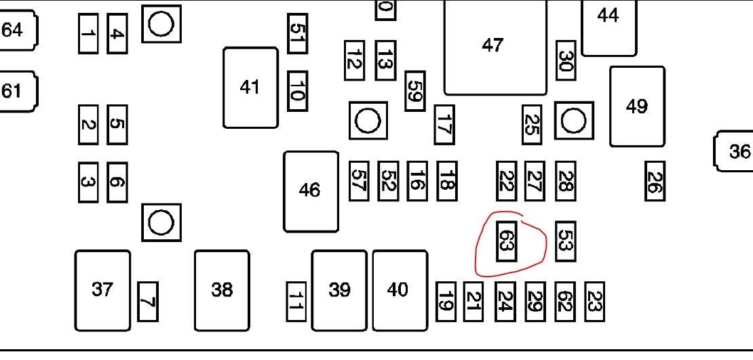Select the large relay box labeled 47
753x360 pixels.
click(495, 46)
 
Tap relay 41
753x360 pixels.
click(250, 87)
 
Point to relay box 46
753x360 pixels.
click(311, 191)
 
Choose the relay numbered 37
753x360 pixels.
click(102, 290)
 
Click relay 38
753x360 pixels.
click(222, 290)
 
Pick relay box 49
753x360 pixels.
click(636, 106)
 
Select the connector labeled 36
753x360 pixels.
click(735, 151)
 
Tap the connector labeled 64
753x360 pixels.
click(16, 30)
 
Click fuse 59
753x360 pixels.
click(415, 91)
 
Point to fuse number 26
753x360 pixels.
click(655, 181)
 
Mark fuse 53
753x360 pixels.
click(565, 241)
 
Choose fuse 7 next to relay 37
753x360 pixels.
click(148, 302)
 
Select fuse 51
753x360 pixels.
click(297, 33)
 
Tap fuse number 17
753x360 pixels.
click(444, 125)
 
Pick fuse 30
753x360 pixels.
click(566, 61)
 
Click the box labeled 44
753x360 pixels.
click(609, 26)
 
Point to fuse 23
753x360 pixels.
click(594, 302)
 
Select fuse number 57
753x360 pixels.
click(359, 181)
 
